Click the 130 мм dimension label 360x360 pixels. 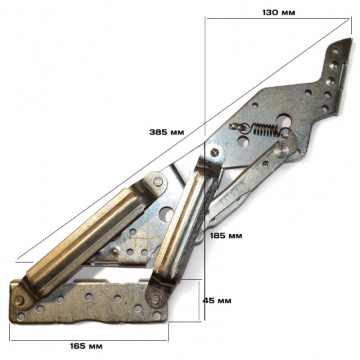[279, 13]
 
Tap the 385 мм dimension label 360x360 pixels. [167, 132]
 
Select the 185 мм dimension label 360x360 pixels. [226, 236]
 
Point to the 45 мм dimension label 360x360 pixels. [217, 301]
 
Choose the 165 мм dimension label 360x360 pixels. [86, 346]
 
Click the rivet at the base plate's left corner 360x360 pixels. [19, 299]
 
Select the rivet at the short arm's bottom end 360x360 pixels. [155, 299]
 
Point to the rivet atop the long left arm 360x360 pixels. [158, 181]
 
